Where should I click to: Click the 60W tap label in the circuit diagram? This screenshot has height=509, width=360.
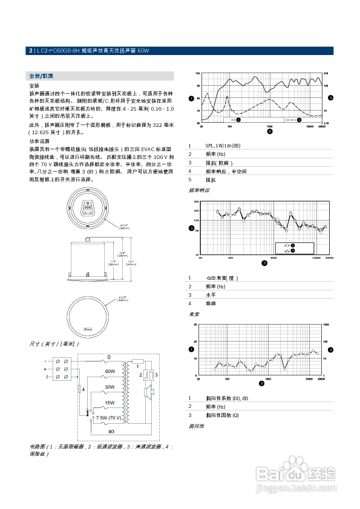coord(110,371)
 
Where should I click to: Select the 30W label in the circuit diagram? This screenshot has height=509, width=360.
coord(110,387)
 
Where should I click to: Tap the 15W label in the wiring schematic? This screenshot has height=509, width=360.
coord(110,402)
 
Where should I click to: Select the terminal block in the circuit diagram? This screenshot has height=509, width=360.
coord(61,369)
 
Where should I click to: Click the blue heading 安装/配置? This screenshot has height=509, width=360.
coord(41,76)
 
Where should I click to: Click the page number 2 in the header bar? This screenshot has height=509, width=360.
coord(31,51)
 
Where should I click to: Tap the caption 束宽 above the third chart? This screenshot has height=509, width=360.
coord(194,314)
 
